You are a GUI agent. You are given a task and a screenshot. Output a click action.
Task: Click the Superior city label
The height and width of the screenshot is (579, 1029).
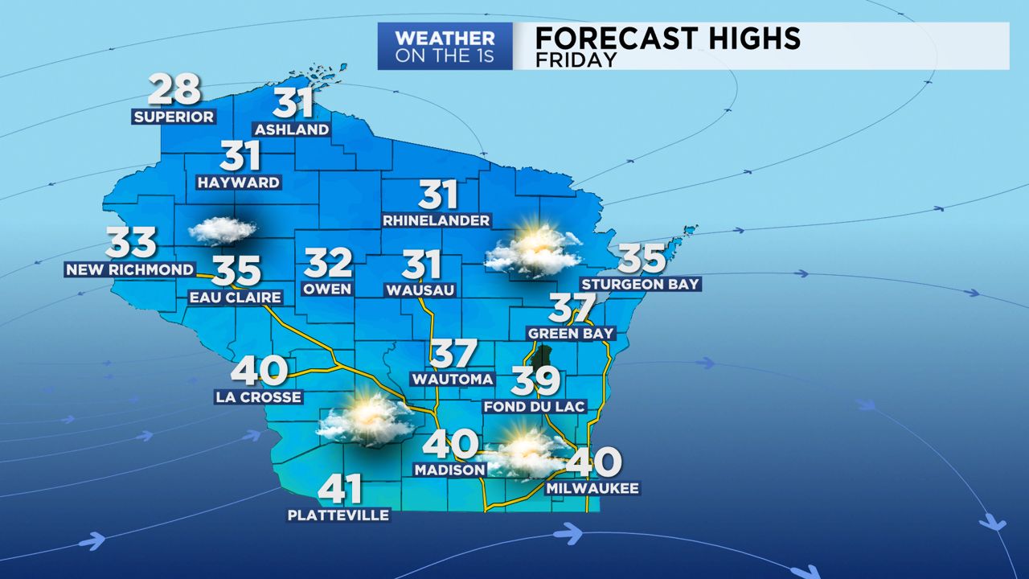(174, 117)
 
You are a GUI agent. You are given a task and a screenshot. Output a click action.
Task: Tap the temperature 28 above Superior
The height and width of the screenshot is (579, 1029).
(174, 90)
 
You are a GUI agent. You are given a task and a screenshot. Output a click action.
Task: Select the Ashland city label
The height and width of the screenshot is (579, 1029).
(291, 129)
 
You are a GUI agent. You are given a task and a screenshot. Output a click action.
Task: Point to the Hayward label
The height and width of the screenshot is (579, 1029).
(239, 183)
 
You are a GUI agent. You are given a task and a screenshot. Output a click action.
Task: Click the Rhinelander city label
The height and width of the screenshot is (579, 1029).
(437, 220)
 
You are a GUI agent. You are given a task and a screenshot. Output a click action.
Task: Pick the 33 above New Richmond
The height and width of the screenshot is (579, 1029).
(131, 243)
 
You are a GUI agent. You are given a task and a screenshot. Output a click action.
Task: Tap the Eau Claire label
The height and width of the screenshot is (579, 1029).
(235, 298)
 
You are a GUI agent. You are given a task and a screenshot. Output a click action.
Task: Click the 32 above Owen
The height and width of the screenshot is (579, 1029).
(328, 262)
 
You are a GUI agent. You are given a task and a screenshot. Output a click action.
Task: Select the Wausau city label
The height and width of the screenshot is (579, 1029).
(420, 289)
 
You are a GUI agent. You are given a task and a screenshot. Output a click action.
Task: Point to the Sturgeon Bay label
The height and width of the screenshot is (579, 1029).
(642, 284)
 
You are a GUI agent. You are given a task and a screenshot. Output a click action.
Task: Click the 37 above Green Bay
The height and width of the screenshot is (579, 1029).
(573, 308)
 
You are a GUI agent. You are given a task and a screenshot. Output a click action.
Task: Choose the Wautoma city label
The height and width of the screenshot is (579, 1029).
(453, 378)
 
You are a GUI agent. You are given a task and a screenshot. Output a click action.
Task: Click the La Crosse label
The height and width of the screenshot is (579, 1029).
(259, 396)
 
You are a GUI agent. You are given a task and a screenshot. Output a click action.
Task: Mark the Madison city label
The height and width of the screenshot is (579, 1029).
(450, 470)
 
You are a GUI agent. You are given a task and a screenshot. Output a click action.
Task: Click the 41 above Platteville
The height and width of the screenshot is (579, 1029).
(340, 489)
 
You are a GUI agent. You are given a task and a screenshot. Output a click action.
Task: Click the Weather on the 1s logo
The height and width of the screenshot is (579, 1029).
(445, 46)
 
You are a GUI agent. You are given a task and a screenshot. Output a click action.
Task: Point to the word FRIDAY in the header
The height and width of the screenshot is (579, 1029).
(576, 60)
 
